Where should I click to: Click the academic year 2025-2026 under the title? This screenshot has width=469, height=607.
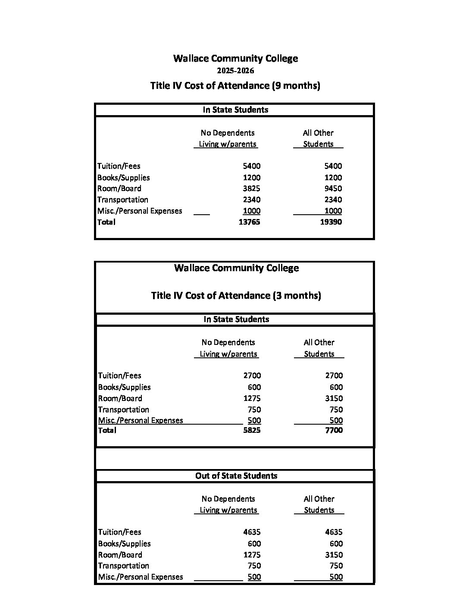coord(235,71)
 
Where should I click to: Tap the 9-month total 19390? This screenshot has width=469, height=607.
coord(331,222)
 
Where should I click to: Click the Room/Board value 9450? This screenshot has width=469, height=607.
coord(333,188)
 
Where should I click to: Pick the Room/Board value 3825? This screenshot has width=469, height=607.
coord(251,188)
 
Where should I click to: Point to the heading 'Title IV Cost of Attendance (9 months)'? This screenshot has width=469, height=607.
coord(235,85)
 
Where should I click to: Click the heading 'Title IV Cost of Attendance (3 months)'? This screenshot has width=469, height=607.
coord(236,295)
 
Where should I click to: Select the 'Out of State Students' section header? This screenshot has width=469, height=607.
coord(236,476)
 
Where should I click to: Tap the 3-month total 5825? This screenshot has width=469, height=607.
coord(252,430)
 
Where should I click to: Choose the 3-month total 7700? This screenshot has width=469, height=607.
coord(334,430)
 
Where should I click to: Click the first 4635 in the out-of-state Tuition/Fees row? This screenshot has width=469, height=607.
coord(252,532)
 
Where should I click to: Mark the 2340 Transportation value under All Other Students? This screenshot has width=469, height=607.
coord(333,200)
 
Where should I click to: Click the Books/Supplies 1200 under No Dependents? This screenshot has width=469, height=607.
coord(251,178)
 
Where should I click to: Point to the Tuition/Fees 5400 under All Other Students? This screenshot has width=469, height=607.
coord(333,166)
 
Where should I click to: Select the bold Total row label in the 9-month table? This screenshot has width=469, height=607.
coord(106,222)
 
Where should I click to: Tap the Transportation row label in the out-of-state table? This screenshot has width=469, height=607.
coord(123,566)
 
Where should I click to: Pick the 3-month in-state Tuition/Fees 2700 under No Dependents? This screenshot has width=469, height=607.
coord(252,375)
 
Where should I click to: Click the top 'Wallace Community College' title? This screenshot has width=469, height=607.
coord(235,58)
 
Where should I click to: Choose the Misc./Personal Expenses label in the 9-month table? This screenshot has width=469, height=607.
coord(140,211)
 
